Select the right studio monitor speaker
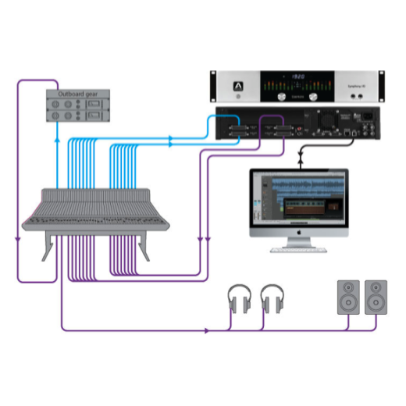coord(376,297)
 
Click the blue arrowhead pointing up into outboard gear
coord(57,140)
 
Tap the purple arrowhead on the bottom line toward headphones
coord(207,330)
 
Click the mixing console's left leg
coord(48,248)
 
